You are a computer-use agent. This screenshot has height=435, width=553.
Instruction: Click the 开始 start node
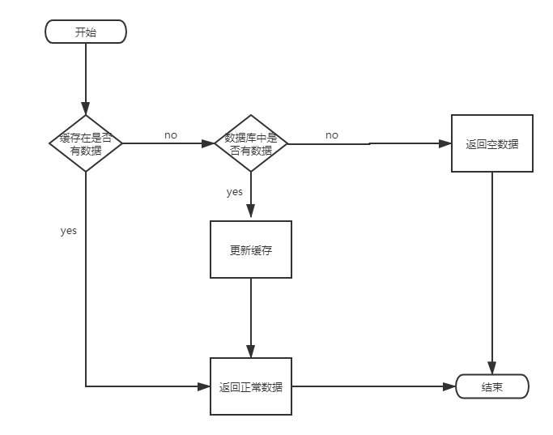pyautogui.click(x=86, y=32)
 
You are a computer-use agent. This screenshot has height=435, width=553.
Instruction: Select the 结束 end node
pyautogui.click(x=492, y=386)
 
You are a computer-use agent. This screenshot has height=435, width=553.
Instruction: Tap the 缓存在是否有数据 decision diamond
pyautogui.click(x=86, y=143)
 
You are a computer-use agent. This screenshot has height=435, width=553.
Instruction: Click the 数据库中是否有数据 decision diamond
pyautogui.click(x=251, y=143)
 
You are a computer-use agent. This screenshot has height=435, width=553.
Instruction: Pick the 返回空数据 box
pyautogui.click(x=492, y=144)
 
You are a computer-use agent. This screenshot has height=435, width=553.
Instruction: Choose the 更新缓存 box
pyautogui.click(x=251, y=249)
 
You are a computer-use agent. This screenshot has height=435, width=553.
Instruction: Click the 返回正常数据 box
pyautogui.click(x=251, y=386)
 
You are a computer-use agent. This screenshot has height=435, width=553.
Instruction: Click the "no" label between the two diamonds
pyautogui.click(x=170, y=135)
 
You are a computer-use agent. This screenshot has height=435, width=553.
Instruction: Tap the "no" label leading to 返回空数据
pyautogui.click(x=332, y=135)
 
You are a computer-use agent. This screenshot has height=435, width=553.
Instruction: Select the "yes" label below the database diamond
pyautogui.click(x=234, y=192)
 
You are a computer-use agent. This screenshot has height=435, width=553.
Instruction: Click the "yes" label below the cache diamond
pyautogui.click(x=69, y=231)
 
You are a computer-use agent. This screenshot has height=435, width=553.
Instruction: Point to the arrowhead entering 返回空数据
pyautogui.click(x=446, y=143)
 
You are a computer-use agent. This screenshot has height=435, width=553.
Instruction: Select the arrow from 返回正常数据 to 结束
pyautogui.click(x=372, y=386)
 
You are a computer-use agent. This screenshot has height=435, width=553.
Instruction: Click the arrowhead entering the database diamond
pyautogui.click(x=209, y=143)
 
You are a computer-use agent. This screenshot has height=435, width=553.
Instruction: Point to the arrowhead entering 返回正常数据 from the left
pyautogui.click(x=205, y=386)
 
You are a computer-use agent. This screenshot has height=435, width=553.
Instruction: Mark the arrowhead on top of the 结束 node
pyautogui.click(x=492, y=369)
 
